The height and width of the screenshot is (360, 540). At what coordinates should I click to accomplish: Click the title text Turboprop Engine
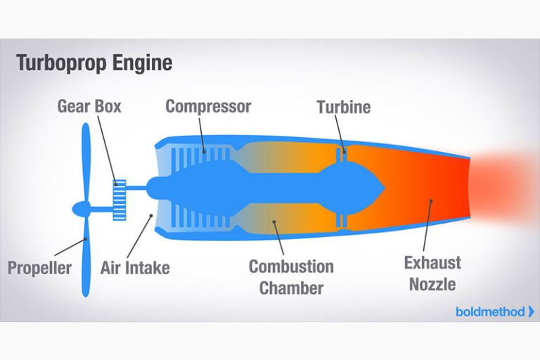coord(94,63)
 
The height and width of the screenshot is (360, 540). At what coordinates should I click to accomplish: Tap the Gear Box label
coord(89,107)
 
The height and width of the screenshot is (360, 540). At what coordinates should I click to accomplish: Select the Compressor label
coord(208,107)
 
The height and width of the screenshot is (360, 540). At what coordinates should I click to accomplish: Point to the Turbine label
coord(343,107)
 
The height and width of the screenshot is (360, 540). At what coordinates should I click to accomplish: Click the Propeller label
coord(40,268)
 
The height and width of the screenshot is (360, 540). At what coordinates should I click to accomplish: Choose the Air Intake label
coord(135,268)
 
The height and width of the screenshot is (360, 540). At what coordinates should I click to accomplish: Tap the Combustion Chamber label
coord(291,277)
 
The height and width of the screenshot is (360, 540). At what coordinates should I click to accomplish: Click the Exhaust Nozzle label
coord(432,274)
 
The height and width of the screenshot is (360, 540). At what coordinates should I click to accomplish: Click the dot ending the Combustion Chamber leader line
coord(273,224)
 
